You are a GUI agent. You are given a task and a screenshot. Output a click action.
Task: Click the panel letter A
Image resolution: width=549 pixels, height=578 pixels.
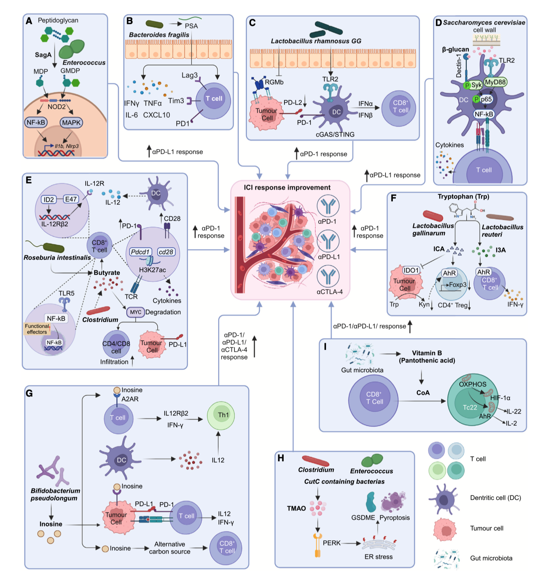tap(29, 21)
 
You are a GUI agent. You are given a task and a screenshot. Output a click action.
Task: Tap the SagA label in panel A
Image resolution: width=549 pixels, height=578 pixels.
tap(43, 55)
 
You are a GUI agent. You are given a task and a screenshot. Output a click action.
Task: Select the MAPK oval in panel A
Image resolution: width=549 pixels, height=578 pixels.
tap(71, 122)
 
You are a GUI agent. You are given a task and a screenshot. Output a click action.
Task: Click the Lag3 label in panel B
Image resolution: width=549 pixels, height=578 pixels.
tap(189, 75)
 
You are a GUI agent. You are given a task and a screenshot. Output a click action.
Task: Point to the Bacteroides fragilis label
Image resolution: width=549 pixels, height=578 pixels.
tap(159, 35)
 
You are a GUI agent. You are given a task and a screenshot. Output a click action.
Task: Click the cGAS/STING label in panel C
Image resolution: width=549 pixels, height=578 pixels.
tap(335, 134)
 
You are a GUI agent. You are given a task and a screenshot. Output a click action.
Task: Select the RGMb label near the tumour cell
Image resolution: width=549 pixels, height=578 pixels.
tap(274, 82)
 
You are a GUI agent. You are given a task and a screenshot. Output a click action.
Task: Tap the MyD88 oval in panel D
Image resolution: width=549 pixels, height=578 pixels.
tap(495, 82)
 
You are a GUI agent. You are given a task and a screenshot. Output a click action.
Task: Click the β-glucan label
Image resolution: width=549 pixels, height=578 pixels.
tap(455, 49)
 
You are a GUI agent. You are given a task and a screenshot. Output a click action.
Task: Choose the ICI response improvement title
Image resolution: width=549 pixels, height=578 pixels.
tap(287, 188)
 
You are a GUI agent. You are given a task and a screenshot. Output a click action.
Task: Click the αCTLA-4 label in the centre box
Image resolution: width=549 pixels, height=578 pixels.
tap(329, 292)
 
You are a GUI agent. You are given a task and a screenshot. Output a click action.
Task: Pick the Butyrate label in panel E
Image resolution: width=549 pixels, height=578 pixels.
tap(107, 272)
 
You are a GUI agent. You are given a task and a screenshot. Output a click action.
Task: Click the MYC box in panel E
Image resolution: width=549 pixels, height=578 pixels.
tap(136, 312)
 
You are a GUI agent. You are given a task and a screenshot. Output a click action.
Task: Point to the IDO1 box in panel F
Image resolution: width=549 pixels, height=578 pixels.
tap(411, 270)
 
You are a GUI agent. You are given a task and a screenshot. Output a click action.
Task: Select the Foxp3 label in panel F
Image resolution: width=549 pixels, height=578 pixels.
tap(457, 285)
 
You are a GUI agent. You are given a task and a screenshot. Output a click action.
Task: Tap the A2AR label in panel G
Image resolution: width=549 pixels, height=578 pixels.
tap(130, 399)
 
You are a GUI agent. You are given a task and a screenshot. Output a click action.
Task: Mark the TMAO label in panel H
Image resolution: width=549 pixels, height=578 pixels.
tap(296, 508)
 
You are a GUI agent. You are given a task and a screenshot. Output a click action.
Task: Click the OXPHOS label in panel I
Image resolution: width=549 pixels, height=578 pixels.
tap(472, 384)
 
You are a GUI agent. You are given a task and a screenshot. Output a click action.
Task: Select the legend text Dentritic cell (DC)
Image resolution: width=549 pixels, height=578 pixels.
tap(495, 498)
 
